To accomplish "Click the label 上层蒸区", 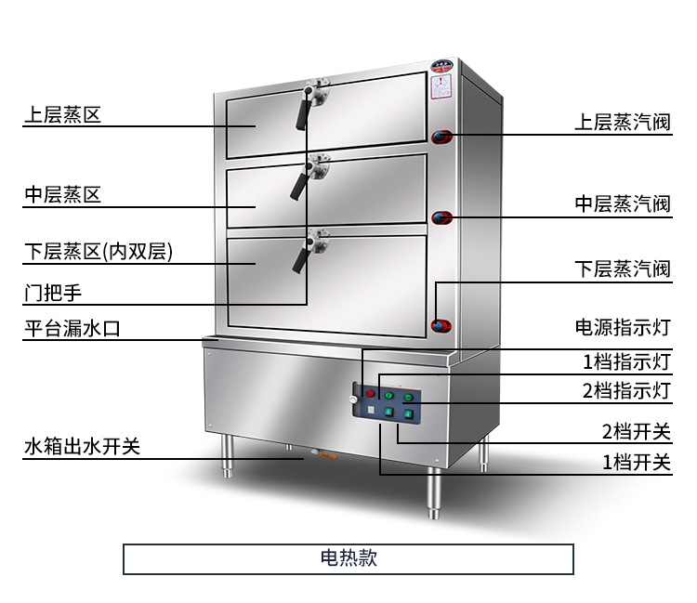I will (61, 116).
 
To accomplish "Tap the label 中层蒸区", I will (61, 195).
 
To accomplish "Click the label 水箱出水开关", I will (82, 447).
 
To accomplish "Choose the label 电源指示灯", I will (622, 328).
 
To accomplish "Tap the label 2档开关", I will (635, 431).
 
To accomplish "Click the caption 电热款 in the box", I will (348, 558).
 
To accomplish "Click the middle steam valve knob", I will (442, 218).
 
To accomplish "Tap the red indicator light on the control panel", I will (369, 395).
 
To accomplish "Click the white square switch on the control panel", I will (369, 410).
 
